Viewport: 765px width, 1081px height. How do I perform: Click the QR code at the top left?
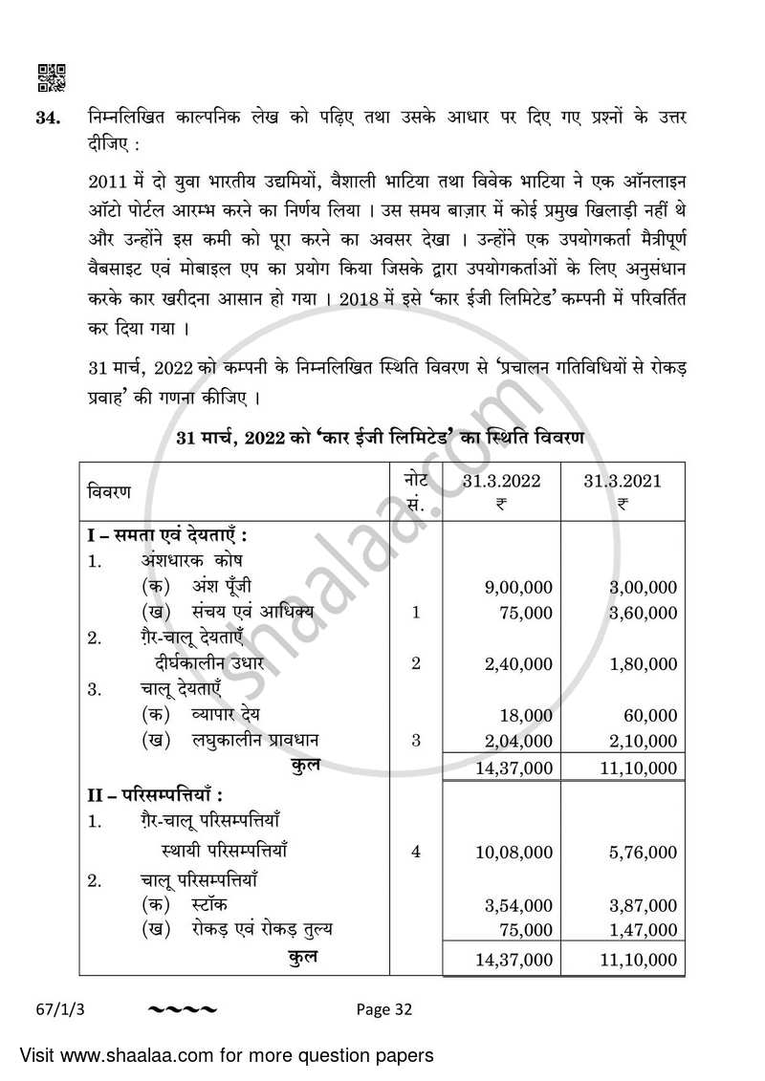(x=51, y=77)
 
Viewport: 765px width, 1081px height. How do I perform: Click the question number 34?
(x=50, y=119)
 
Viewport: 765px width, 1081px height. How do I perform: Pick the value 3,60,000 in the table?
(x=643, y=613)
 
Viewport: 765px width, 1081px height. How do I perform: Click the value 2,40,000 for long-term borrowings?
(x=518, y=663)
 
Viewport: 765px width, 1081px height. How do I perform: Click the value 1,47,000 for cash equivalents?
(x=643, y=929)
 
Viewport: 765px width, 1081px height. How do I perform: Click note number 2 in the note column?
(x=415, y=662)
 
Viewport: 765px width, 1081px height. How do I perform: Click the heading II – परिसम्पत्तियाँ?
(x=155, y=794)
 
